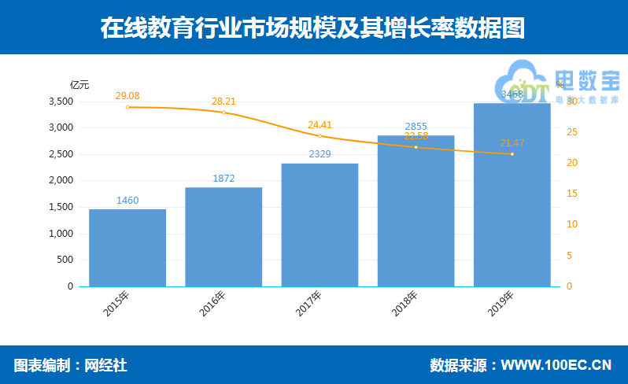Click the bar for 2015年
coord(127,247)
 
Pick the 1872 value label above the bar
coord(223,179)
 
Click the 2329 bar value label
coord(320,155)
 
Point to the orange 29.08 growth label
coord(127,96)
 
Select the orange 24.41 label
coord(320,124)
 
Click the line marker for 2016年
coord(223,113)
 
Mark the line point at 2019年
coord(512,153)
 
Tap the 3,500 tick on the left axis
coord(61,102)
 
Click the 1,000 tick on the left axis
coord(61,234)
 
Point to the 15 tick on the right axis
coord(572,194)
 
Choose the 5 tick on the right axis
coord(570,256)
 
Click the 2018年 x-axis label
coord(405,304)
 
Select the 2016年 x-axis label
coord(212,304)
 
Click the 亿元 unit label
coord(79,84)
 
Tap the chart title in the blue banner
coord(312,28)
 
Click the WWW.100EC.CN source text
coord(556,365)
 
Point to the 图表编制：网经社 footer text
coord(71,365)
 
